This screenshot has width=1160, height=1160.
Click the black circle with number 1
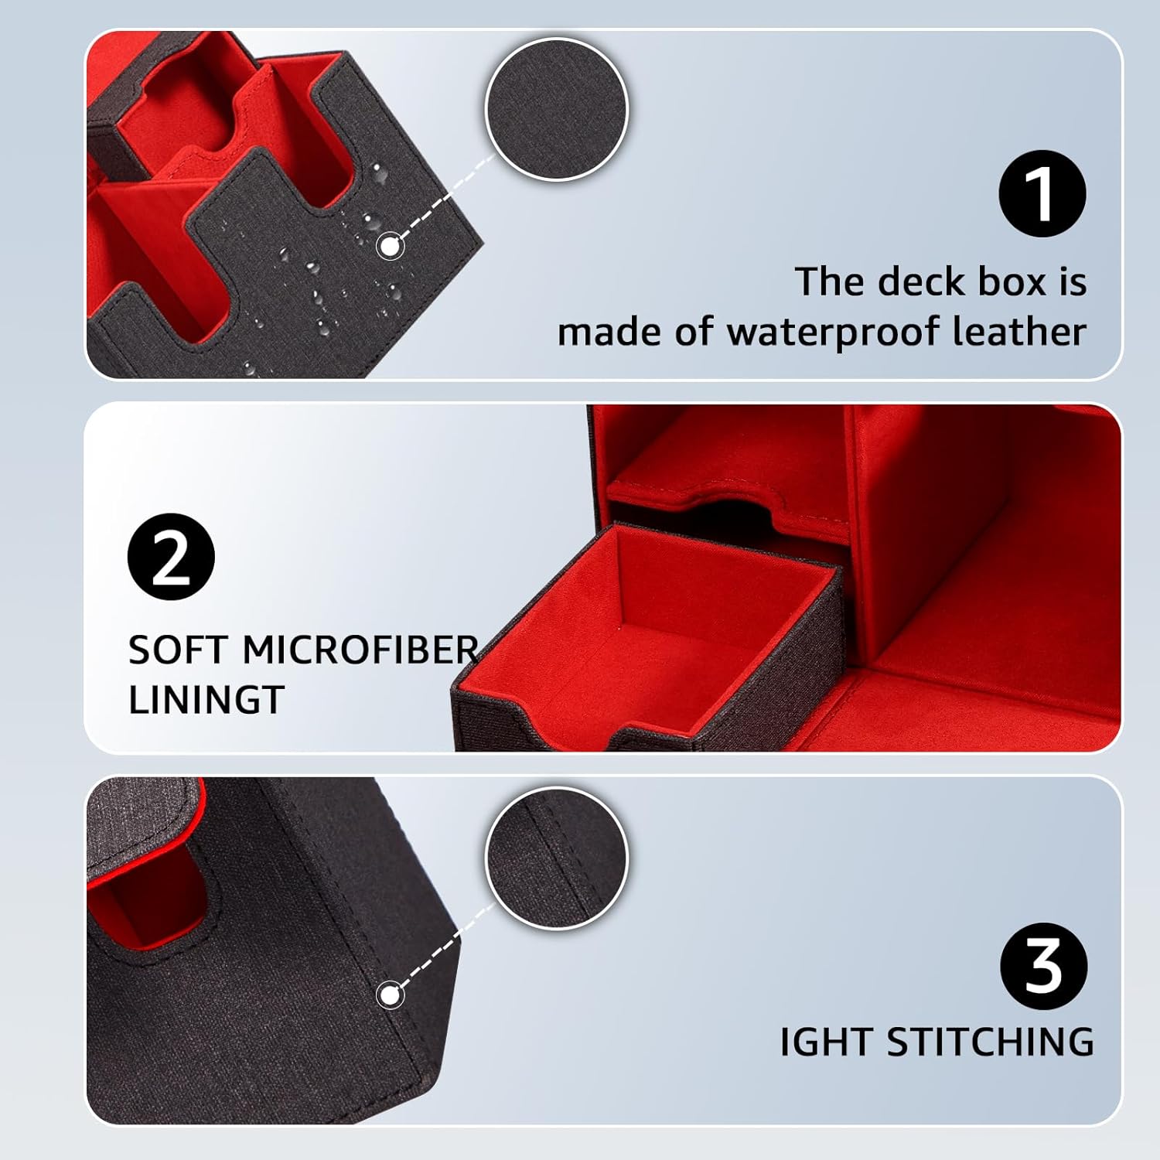[x=1042, y=193]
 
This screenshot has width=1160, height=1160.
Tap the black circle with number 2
[x=171, y=557]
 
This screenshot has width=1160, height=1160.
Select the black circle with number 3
[x=1043, y=966]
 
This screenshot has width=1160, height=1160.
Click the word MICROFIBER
[x=360, y=650]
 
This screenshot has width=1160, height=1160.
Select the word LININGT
[x=206, y=700]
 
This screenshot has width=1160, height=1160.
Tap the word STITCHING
[x=990, y=1042]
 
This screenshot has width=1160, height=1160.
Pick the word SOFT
[x=179, y=650]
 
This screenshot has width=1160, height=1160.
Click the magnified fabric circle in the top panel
[x=557, y=109]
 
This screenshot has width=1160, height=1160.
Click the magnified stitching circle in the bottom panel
[x=557, y=858]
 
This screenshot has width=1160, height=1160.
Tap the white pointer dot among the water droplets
[x=390, y=247]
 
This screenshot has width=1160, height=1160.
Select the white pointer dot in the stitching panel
[x=390, y=995]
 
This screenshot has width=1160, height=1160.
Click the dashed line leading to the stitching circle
[x=441, y=947]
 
